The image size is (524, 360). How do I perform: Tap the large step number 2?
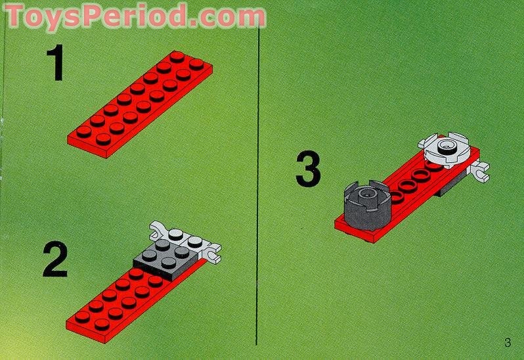55,260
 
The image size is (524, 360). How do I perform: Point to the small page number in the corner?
507,342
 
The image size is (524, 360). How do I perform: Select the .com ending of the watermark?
227,15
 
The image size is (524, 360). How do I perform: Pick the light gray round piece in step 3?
448,149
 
